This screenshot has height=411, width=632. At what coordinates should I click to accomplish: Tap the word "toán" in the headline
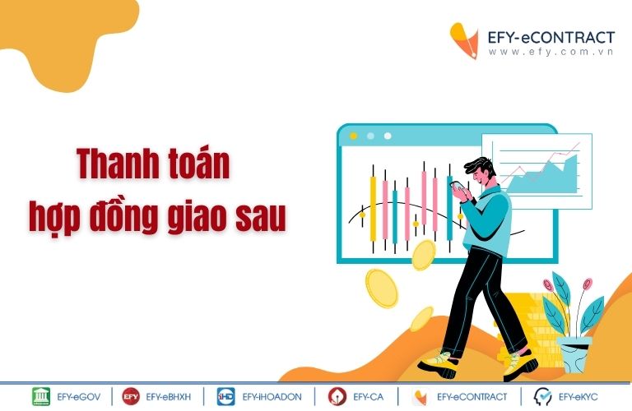pos(199,163)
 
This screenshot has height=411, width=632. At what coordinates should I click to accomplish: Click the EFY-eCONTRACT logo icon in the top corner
pos(464,40)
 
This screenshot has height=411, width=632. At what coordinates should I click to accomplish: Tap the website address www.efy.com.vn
pos(551,52)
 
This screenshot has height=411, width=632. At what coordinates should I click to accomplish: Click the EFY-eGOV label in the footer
pos(79,397)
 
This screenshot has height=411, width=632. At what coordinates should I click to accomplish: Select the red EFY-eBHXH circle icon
pos(131,396)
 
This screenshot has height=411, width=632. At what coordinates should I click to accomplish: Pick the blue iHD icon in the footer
pos(225,396)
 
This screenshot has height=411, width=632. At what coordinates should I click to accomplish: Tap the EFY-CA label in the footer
pos(368,397)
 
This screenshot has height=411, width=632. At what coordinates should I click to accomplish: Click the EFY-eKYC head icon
pos(542,396)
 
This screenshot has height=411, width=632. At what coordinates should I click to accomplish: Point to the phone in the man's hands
pos(458,187)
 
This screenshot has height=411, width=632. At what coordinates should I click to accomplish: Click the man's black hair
pos(480,166)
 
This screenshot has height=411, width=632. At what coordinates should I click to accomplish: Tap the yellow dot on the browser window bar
pos(354,136)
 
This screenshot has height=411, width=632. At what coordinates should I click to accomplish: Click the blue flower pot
pos(574,354)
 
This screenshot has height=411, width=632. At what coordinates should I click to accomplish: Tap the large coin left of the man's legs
pos(381,289)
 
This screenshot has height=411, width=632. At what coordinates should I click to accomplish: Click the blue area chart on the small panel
pos(543,177)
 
